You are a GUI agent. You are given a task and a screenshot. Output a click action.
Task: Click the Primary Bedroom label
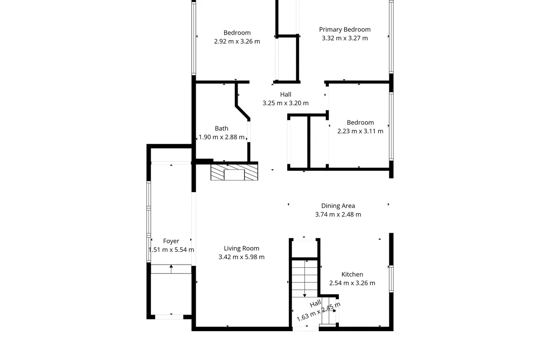pyautogui.click(x=345, y=30)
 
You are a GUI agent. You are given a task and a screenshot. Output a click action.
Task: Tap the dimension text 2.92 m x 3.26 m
pyautogui.click(x=237, y=41)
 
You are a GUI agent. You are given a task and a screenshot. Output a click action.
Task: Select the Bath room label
pyautogui.click(x=221, y=129)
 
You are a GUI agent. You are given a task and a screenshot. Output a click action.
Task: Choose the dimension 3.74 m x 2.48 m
pyautogui.click(x=338, y=215)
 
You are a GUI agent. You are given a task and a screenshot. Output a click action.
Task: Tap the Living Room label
pyautogui.click(x=242, y=248)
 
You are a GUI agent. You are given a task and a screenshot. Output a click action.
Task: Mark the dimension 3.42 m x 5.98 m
pyautogui.click(x=242, y=257)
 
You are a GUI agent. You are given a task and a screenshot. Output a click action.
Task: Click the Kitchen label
pyautogui.click(x=352, y=274)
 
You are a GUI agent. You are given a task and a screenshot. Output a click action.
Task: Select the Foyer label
pyautogui.click(x=171, y=241)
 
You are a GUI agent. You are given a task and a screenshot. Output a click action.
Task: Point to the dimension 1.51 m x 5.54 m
pyautogui.click(x=171, y=250)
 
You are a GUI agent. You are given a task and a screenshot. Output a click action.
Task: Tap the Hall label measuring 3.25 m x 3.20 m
pyautogui.click(x=286, y=94)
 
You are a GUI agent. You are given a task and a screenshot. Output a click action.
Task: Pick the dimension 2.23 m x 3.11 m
pyautogui.click(x=360, y=131)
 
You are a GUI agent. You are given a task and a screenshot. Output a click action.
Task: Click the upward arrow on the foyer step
pyautogui.click(x=171, y=269)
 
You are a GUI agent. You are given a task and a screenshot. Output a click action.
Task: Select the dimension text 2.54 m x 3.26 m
pyautogui.click(x=352, y=283)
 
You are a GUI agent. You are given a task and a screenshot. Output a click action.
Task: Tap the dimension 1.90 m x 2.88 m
pyautogui.click(x=221, y=137)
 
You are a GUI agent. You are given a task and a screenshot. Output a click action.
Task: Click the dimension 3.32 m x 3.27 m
pyautogui.click(x=345, y=38)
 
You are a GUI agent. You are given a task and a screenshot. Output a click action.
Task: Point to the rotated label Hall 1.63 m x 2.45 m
pyautogui.click(x=318, y=310)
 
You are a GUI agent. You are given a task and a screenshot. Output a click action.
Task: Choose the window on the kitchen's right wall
pyautogui.click(x=391, y=279)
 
